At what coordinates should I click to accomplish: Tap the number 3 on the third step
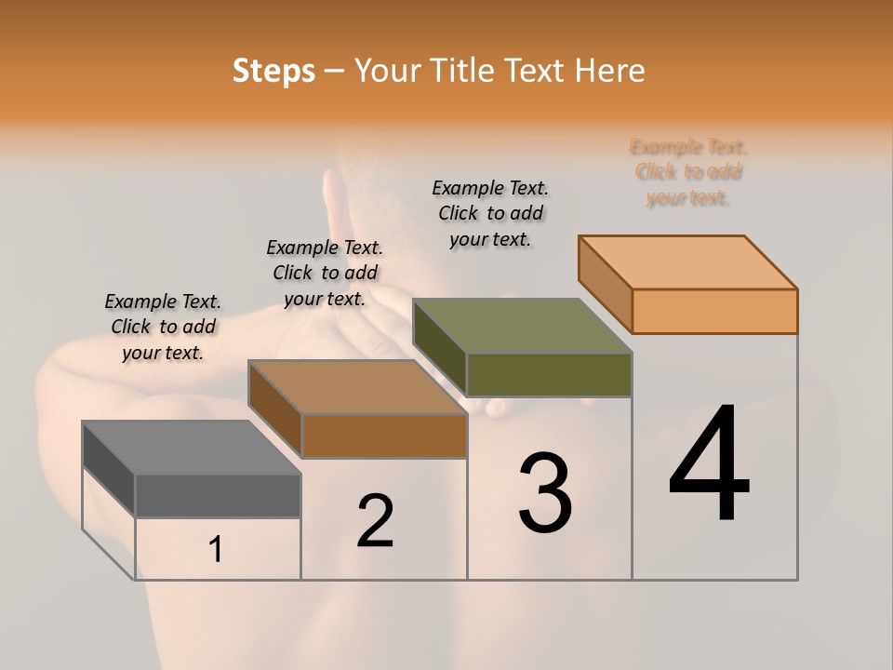pyautogui.click(x=545, y=492)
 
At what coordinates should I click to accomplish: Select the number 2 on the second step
pyautogui.click(x=375, y=521)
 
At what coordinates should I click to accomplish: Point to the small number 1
pyautogui.click(x=216, y=550)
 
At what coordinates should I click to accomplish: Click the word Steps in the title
pyautogui.click(x=273, y=71)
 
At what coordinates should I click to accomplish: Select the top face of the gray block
pyautogui.click(x=192, y=448)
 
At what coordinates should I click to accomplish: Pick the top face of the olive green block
pyautogui.click(x=523, y=326)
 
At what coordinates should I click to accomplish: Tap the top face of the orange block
pyautogui.click(x=688, y=261)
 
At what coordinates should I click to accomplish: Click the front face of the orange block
pyautogui.click(x=714, y=311)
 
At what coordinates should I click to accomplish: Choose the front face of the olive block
pyautogui.click(x=549, y=375)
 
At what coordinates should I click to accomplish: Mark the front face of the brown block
pyautogui.click(x=384, y=435)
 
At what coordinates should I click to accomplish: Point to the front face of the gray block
pyautogui.click(x=218, y=496)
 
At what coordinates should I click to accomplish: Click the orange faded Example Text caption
pyautogui.click(x=688, y=172)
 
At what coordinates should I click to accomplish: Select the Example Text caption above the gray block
pyautogui.click(x=163, y=327)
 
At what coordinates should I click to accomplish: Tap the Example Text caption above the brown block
pyautogui.click(x=325, y=273)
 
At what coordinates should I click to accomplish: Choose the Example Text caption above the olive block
pyautogui.click(x=490, y=213)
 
